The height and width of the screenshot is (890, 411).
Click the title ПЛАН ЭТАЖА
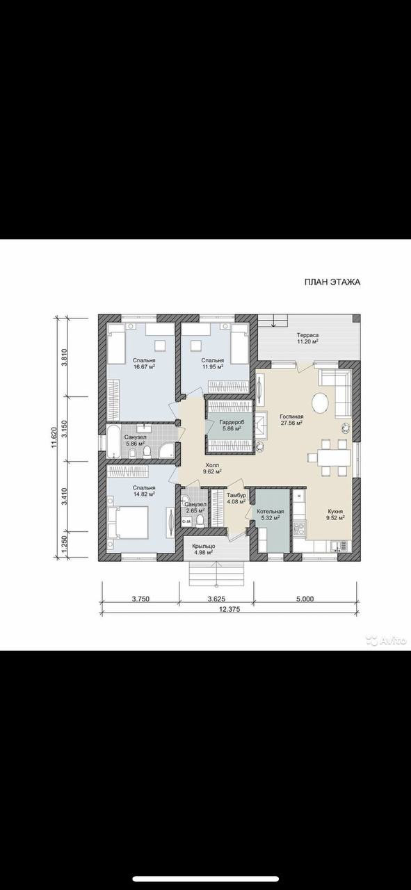tap(332, 282)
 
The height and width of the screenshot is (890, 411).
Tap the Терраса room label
tap(307, 335)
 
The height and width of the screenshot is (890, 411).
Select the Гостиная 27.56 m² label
tap(291, 419)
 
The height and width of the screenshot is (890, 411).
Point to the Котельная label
tap(271, 511)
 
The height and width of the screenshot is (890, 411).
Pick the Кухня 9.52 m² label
tap(335, 515)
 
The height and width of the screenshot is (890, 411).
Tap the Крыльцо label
tap(203, 546)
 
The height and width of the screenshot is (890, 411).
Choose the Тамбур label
tap(236, 496)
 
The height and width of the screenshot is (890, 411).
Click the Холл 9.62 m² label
tap(212, 468)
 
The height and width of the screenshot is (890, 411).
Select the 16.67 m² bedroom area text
tap(144, 366)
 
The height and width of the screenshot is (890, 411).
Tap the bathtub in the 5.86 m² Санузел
tap(113, 441)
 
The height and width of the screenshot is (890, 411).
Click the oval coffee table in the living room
tap(320, 404)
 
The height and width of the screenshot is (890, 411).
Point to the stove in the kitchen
tap(299, 528)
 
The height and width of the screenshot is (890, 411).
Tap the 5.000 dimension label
tap(305, 599)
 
